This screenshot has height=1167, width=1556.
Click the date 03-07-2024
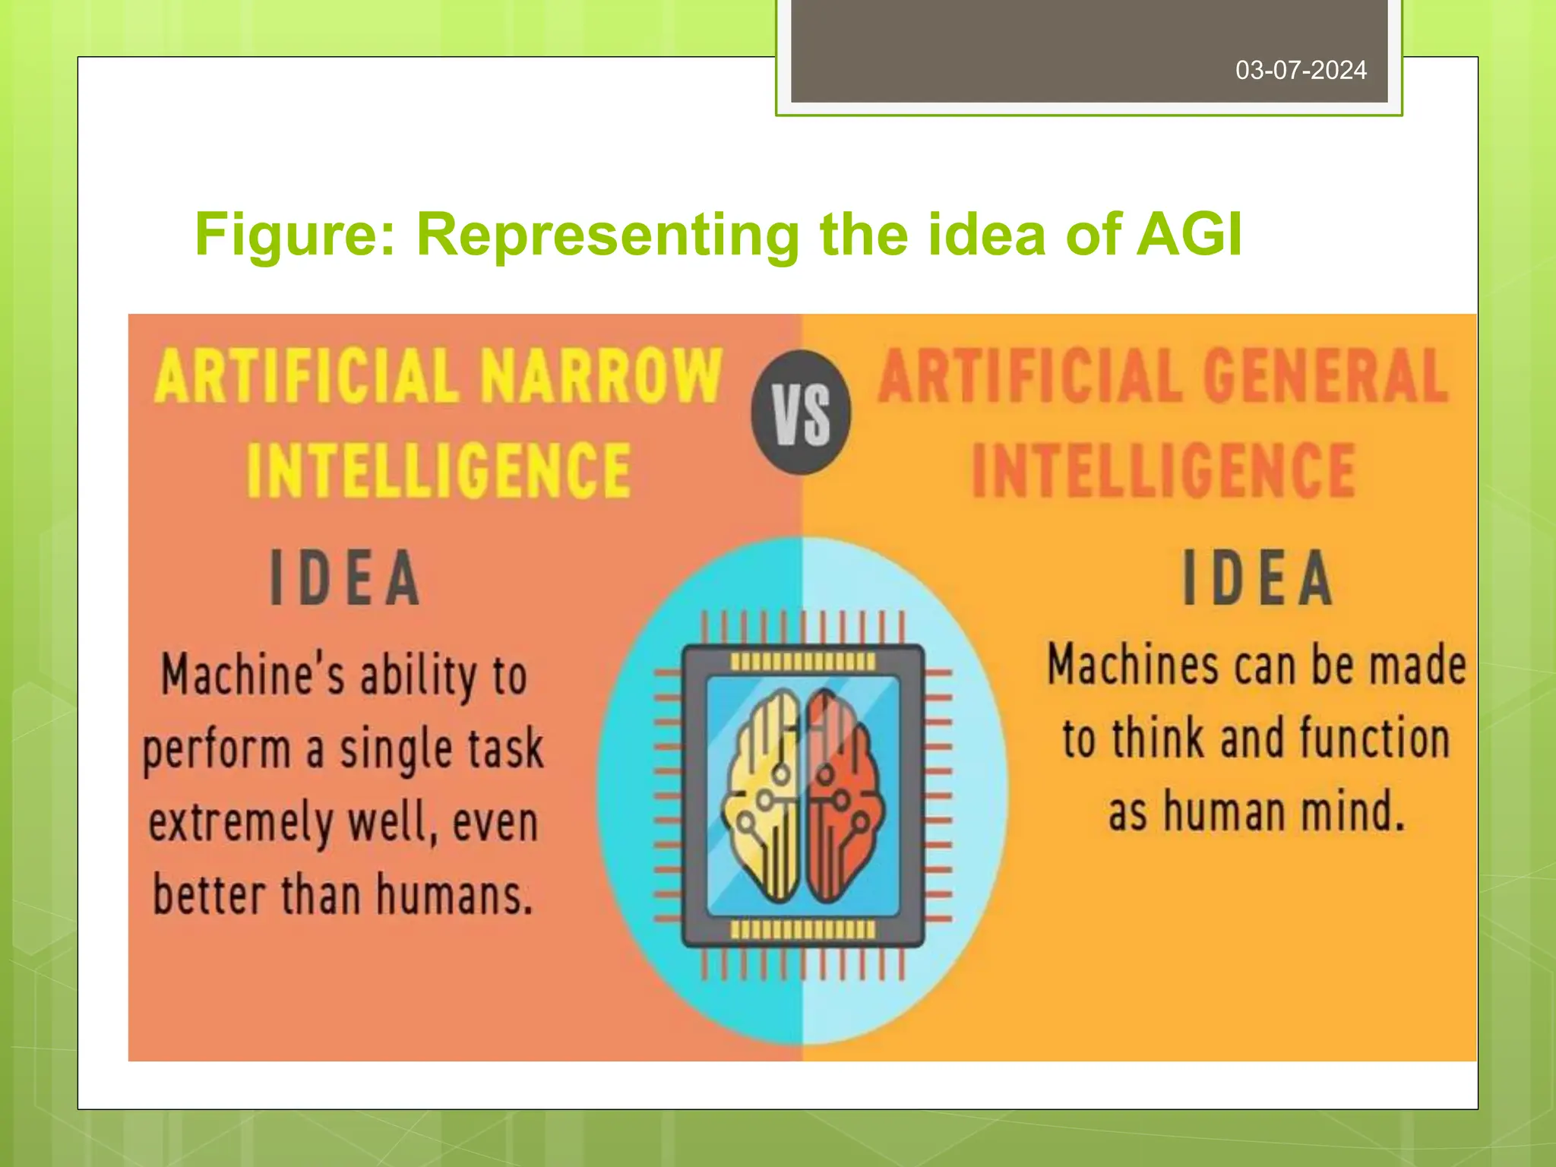[x=1301, y=71]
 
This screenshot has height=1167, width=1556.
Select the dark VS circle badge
[x=801, y=413]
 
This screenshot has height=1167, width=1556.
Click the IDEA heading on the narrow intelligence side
[x=345, y=578]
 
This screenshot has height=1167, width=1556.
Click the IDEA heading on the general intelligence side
[x=1257, y=578]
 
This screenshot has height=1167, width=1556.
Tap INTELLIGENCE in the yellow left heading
[x=438, y=470]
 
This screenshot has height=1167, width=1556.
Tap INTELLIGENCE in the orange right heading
[x=1163, y=470]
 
